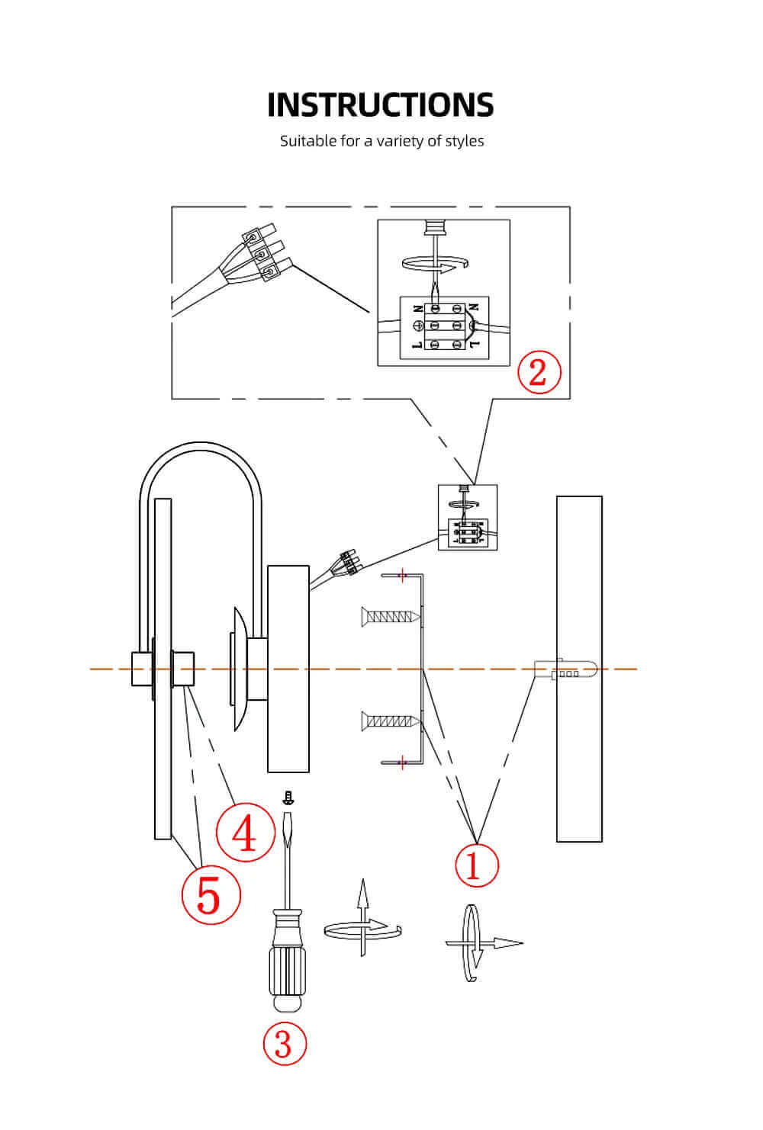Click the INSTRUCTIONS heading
coord(381,105)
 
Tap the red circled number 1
coord(476,865)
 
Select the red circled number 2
coord(539,372)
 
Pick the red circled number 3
coord(284,1044)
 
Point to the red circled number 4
coord(245,833)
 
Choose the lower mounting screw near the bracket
coord(390,719)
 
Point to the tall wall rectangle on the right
coord(579,669)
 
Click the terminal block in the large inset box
coord(445,326)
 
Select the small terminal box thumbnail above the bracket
coord(467,518)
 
